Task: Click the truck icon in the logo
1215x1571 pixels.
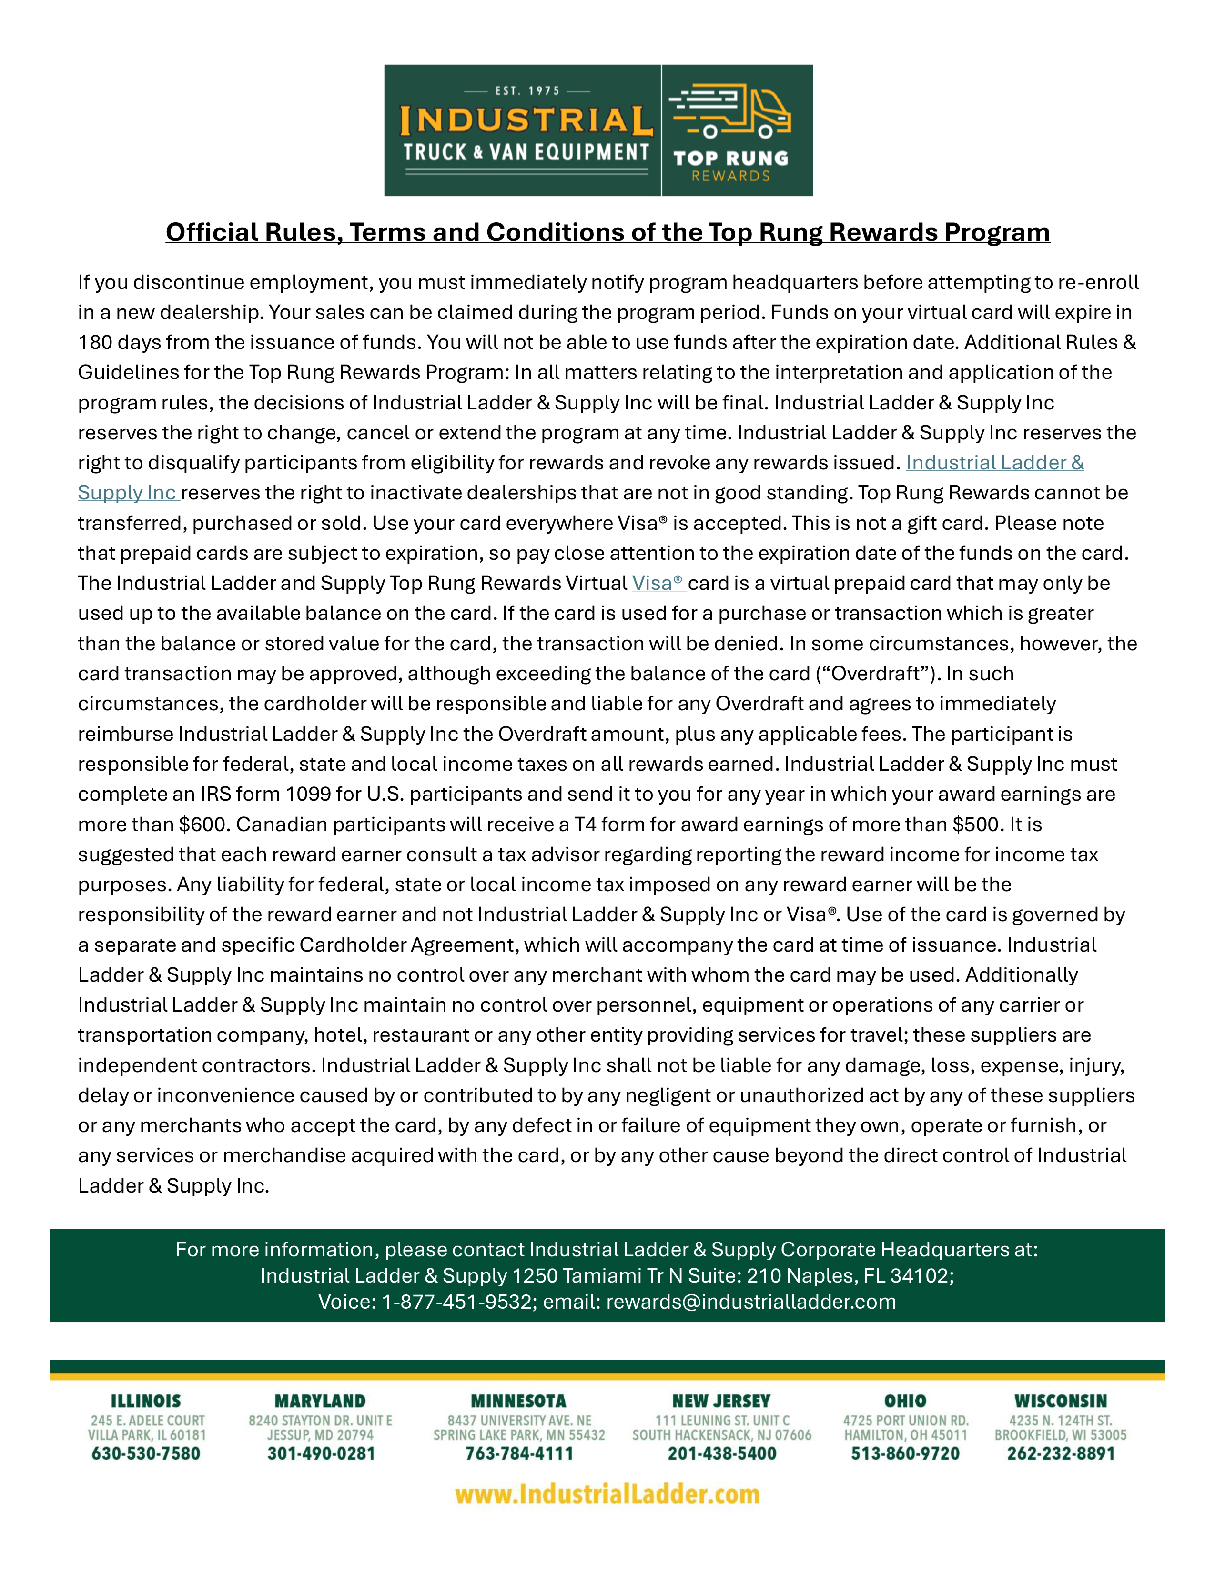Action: (x=730, y=111)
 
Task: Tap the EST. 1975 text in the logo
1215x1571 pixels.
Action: (x=527, y=90)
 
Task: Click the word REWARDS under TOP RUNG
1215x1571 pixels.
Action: (x=730, y=176)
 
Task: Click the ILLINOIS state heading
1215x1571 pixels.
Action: (x=146, y=1401)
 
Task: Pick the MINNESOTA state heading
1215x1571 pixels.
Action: (x=518, y=1401)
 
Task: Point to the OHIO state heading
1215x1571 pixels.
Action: (x=905, y=1401)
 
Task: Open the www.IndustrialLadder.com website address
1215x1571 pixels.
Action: (x=607, y=1494)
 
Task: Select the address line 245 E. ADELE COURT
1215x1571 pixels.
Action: (x=148, y=1421)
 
